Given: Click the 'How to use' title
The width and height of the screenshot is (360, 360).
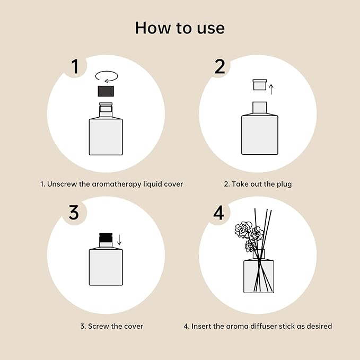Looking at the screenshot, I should coord(180,28).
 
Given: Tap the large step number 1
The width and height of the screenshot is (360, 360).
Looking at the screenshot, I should coord(75,67).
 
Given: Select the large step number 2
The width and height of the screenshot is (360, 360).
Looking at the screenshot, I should coord(219,67).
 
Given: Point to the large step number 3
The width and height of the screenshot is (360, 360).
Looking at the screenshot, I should coord(74,212).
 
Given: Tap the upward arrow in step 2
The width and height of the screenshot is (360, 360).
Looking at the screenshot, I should coord(271,89).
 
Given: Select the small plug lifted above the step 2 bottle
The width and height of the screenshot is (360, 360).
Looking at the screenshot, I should coord(259,85).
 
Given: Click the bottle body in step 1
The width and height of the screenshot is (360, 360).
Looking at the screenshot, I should coord(106,136).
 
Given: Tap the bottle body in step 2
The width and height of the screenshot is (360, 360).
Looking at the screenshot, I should coord(259,135).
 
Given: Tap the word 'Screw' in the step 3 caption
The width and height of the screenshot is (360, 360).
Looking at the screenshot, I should coord(99,326).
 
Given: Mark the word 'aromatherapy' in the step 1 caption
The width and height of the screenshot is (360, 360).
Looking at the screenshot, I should coord(120,185).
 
